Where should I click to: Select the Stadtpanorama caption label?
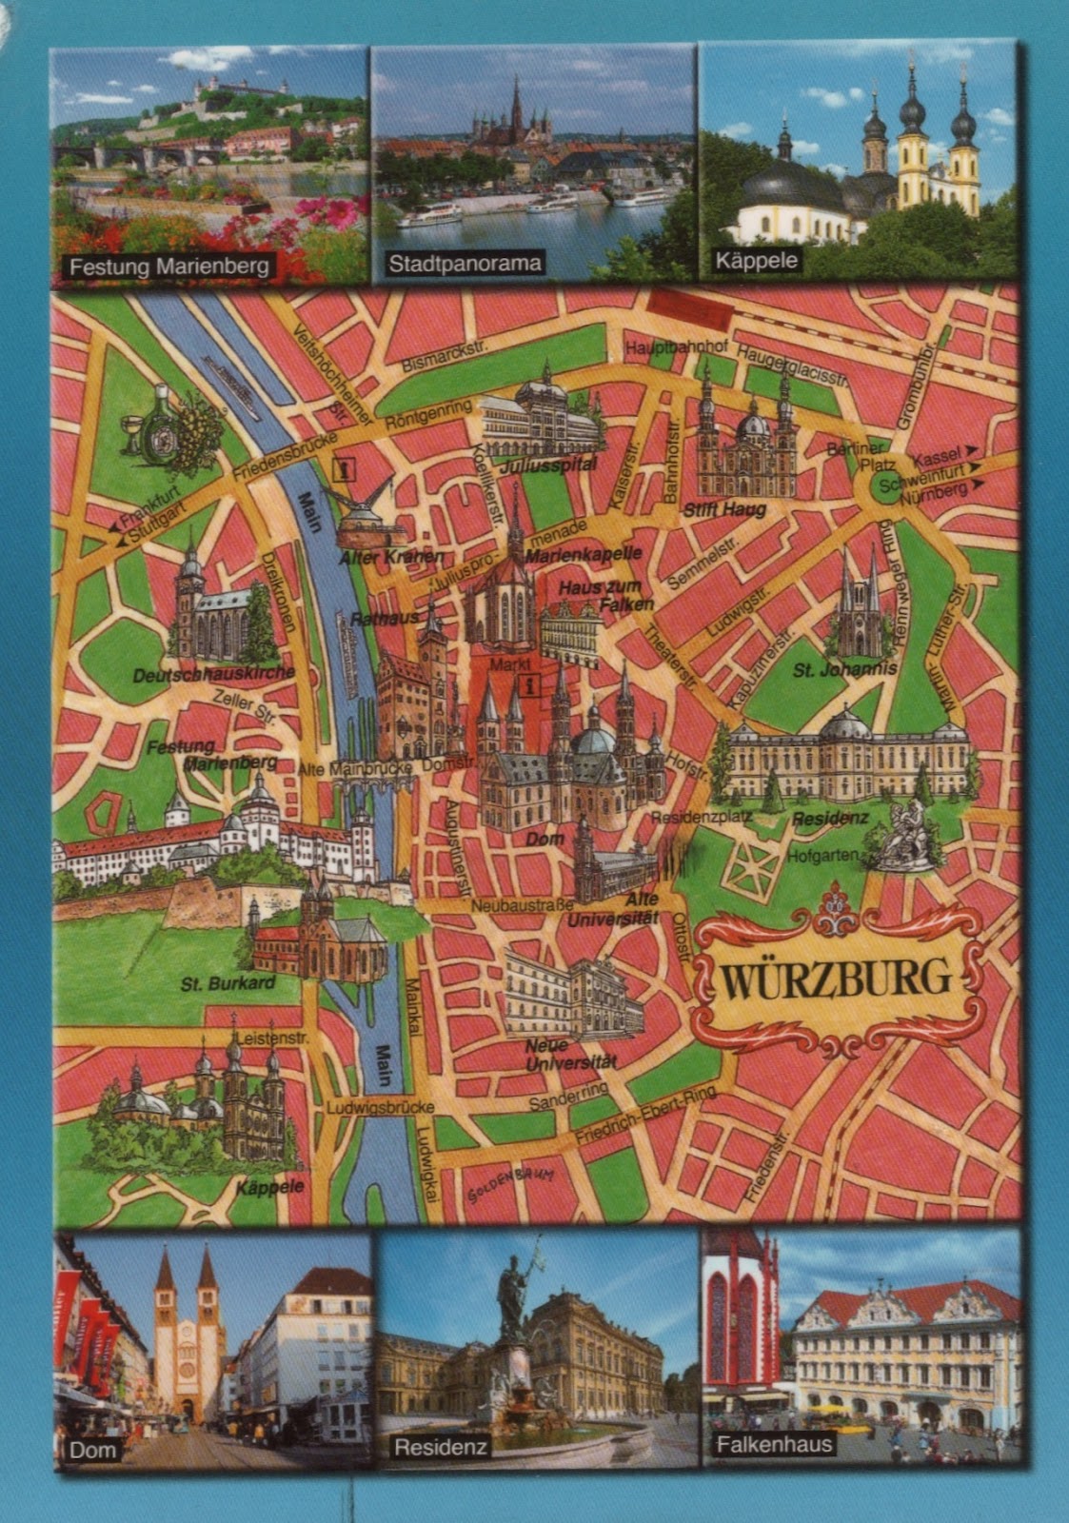465,264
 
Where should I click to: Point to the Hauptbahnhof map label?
676,348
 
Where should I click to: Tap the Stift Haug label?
725,510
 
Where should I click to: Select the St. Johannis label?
844,669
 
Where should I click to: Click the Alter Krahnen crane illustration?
363,514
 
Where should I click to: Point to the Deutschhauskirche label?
213,674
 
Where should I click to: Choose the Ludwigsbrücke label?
380,1107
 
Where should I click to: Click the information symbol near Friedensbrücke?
343,467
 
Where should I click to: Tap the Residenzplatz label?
701,817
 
